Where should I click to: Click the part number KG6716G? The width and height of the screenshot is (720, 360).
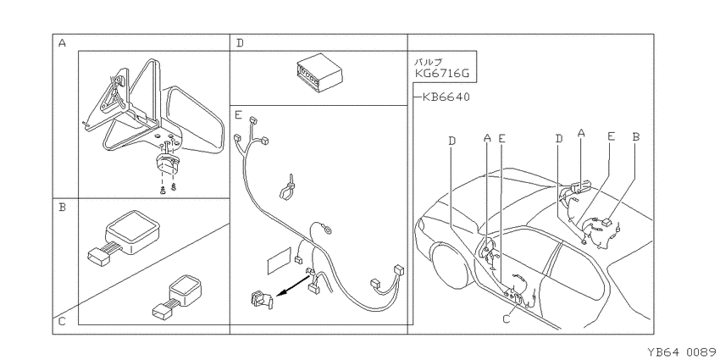pyautogui.click(x=442, y=74)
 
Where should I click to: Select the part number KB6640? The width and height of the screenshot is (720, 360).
pyautogui.click(x=446, y=97)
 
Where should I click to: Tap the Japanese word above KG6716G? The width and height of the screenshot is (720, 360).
pyautogui.click(x=429, y=62)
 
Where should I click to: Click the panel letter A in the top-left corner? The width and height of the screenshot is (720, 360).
pyautogui.click(x=63, y=43)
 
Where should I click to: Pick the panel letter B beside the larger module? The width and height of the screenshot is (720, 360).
pyautogui.click(x=63, y=208)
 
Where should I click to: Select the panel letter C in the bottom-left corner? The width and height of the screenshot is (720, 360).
pyautogui.click(x=63, y=322)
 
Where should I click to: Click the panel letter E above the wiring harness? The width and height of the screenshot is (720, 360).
pyautogui.click(x=238, y=115)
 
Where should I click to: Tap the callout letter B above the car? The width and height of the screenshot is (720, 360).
pyautogui.click(x=636, y=137)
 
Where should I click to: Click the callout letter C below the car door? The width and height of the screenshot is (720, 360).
pyautogui.click(x=507, y=318)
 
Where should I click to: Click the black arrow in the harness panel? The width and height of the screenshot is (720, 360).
pyautogui.click(x=292, y=285)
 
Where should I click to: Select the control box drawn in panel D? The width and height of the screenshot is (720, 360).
pyautogui.click(x=319, y=70)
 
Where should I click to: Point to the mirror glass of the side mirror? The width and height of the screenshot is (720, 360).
pyautogui.click(x=195, y=119)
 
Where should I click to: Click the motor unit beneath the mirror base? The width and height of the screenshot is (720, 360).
pyautogui.click(x=167, y=164)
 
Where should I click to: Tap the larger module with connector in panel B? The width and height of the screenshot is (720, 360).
pyautogui.click(x=124, y=237)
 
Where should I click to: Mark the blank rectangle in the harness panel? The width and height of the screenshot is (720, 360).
pyautogui.click(x=280, y=261)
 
